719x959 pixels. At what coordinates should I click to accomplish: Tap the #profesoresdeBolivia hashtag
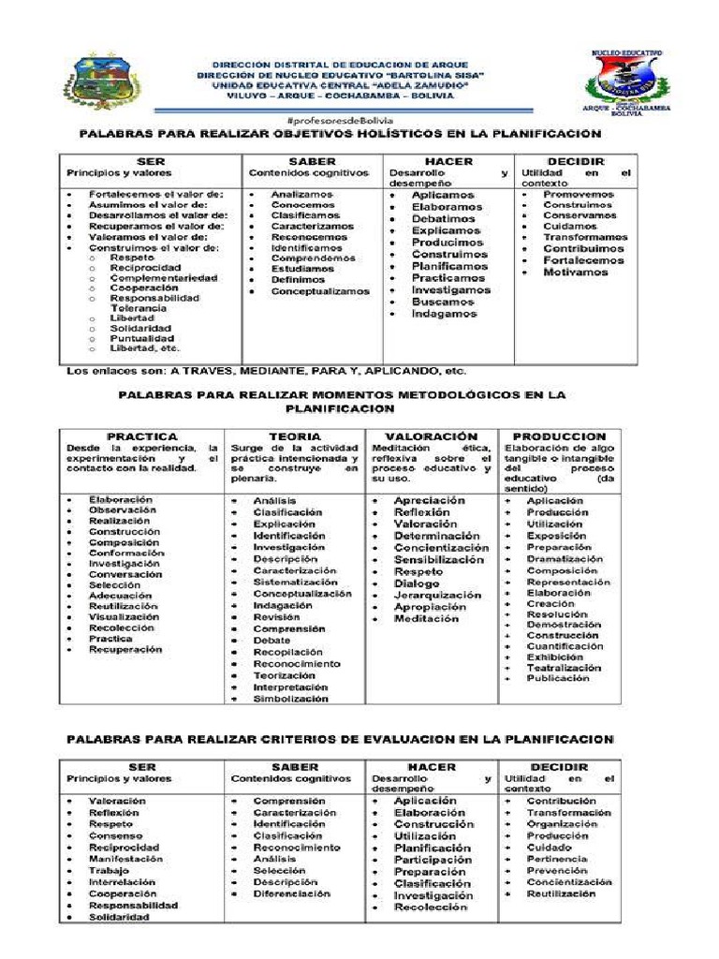tap(339, 121)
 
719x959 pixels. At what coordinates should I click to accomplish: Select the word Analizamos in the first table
tap(301, 194)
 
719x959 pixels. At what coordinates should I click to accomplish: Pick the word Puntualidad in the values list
tap(141, 338)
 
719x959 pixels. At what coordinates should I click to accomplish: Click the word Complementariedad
tap(163, 278)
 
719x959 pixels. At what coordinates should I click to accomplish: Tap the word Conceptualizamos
tap(320, 291)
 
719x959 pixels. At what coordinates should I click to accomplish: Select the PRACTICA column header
tap(141, 436)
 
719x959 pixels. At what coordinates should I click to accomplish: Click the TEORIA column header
tap(294, 436)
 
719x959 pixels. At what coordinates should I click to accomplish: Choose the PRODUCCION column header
tap(559, 436)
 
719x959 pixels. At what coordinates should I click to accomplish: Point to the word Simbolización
tap(290, 699)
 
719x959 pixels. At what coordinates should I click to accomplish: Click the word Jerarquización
tap(437, 595)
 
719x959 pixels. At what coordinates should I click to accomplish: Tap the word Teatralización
tap(563, 668)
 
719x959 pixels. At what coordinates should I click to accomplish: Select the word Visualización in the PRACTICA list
tap(124, 617)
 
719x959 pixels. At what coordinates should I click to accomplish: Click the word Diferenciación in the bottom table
tap(291, 893)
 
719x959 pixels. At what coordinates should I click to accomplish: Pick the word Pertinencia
tap(556, 859)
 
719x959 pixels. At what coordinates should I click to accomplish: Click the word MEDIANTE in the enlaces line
tap(248, 371)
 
